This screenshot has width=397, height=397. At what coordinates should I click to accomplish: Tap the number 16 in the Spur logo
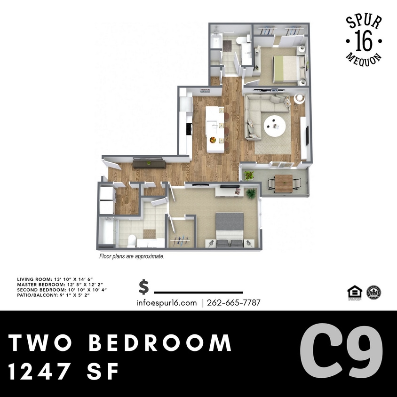pos(364,40)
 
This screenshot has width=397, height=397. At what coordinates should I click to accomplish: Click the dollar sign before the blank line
pos(144,287)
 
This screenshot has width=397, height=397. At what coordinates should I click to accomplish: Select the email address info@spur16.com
pos(167,303)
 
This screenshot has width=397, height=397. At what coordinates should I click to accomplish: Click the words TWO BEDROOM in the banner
pos(120,343)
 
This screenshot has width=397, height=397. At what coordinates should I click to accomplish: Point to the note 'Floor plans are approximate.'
pos(131,257)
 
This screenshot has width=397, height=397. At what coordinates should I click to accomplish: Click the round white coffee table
pos(274,125)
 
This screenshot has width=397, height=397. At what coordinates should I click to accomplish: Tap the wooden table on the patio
pos(284,183)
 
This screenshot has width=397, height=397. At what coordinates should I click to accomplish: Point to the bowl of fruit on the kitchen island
pos(213,140)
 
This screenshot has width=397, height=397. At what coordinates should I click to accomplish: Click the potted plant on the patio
pos(249,176)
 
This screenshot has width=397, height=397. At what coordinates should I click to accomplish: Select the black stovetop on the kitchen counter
pos(189,128)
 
